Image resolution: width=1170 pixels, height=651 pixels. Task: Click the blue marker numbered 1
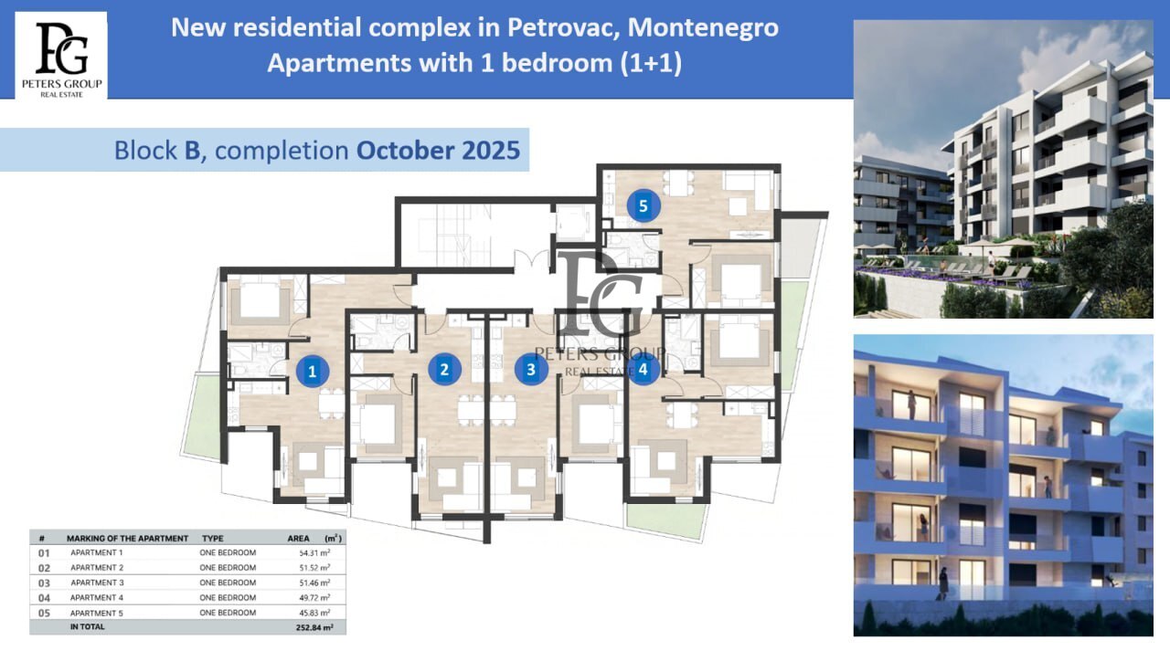point(313,371)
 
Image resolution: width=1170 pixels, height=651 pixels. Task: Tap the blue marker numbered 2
point(444,369)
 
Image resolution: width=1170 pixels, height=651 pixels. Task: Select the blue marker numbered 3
point(531,369)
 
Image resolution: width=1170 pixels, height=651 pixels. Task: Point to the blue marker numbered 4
point(643,369)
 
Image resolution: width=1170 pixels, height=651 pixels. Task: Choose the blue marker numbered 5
point(643,205)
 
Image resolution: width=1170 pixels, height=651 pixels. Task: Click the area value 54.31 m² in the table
point(315,552)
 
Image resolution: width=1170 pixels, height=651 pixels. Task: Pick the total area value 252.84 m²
point(314,627)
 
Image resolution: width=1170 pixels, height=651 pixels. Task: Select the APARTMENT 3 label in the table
point(97,583)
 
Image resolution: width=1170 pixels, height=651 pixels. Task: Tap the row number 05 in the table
point(45,613)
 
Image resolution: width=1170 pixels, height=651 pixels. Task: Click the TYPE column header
point(213,539)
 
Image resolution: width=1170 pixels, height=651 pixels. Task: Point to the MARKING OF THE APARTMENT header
point(127,539)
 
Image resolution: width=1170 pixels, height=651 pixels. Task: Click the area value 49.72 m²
point(315,598)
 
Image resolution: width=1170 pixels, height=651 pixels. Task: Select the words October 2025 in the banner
point(438,151)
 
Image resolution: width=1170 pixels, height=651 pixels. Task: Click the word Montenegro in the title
point(703,27)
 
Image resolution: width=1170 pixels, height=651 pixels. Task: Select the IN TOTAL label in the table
point(87,627)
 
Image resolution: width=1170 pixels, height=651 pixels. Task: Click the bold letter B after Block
point(192,151)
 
